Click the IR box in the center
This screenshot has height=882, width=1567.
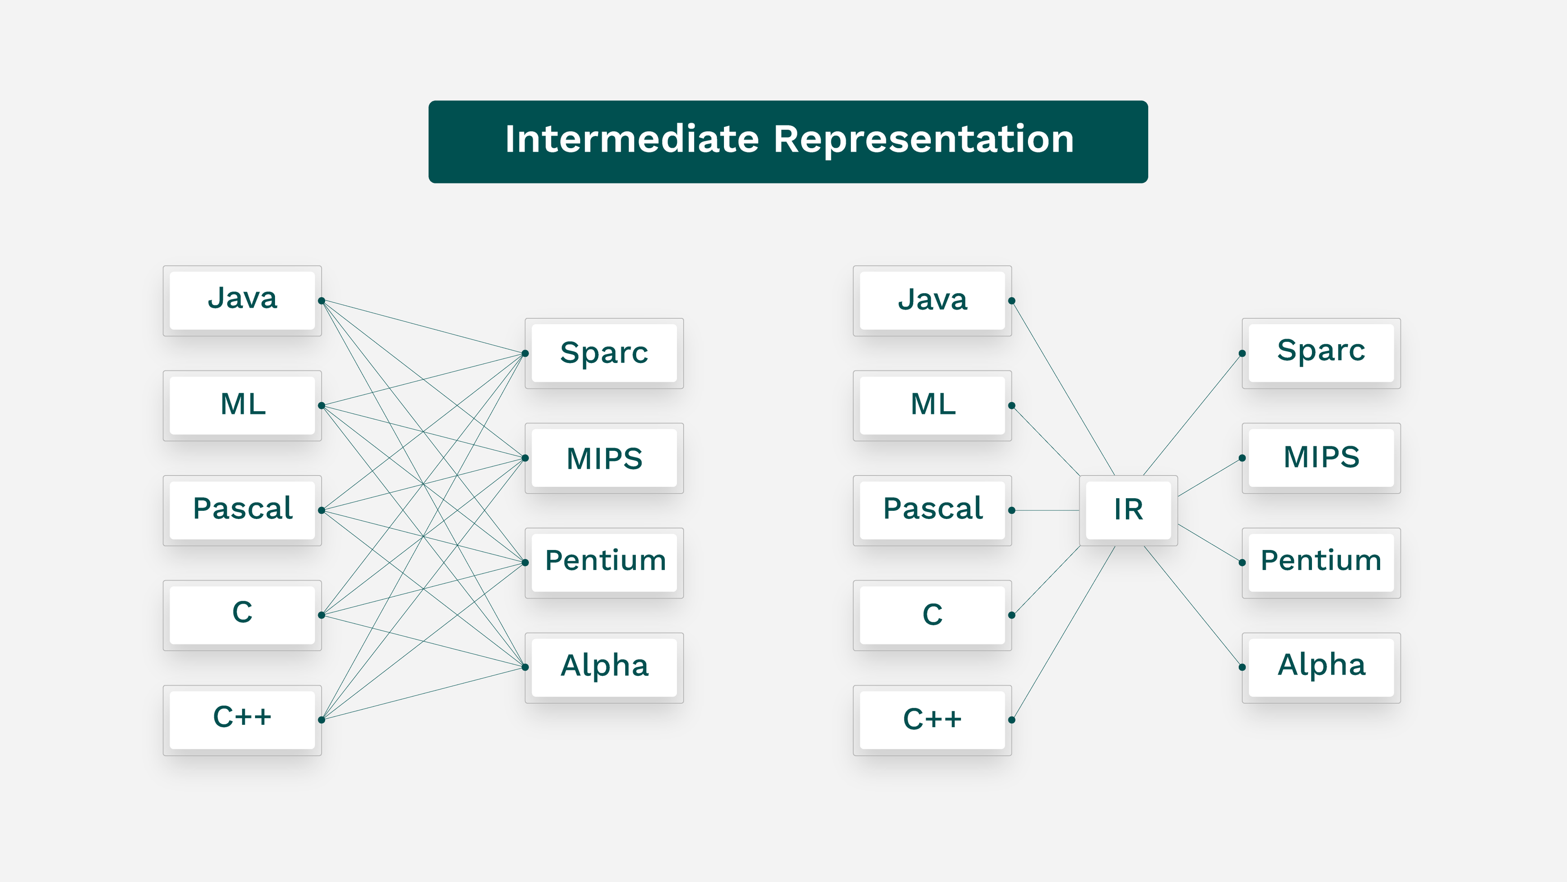1128,510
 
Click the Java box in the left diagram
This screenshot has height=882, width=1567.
242,300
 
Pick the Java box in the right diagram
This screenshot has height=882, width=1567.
932,300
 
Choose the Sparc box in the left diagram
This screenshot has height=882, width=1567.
604,353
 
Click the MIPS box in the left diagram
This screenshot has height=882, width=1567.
604,458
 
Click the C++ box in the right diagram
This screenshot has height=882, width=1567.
932,719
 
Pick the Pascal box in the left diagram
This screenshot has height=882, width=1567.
242,510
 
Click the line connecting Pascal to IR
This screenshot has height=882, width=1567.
1046,510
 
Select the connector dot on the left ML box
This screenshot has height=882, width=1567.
321,405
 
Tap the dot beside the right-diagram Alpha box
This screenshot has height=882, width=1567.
1242,667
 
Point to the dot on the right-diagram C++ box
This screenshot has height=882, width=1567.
1012,719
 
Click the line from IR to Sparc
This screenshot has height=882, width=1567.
1192,414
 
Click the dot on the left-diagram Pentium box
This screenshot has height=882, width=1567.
525,562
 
